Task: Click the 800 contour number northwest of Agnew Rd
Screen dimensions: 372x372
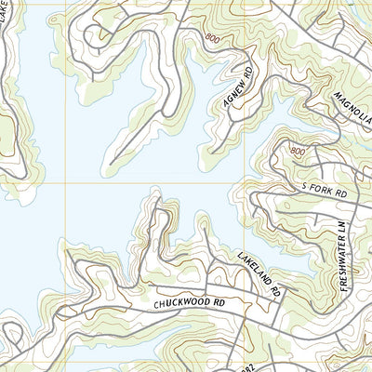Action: tap(214, 38)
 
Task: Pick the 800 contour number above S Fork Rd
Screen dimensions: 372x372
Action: tap(297, 151)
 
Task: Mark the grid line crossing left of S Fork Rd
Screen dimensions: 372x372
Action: tap(246, 183)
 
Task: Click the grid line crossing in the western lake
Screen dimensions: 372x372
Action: tap(65, 183)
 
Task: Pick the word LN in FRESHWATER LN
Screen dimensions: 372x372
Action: tap(342, 227)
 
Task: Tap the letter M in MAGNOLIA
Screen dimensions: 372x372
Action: tap(336, 96)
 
